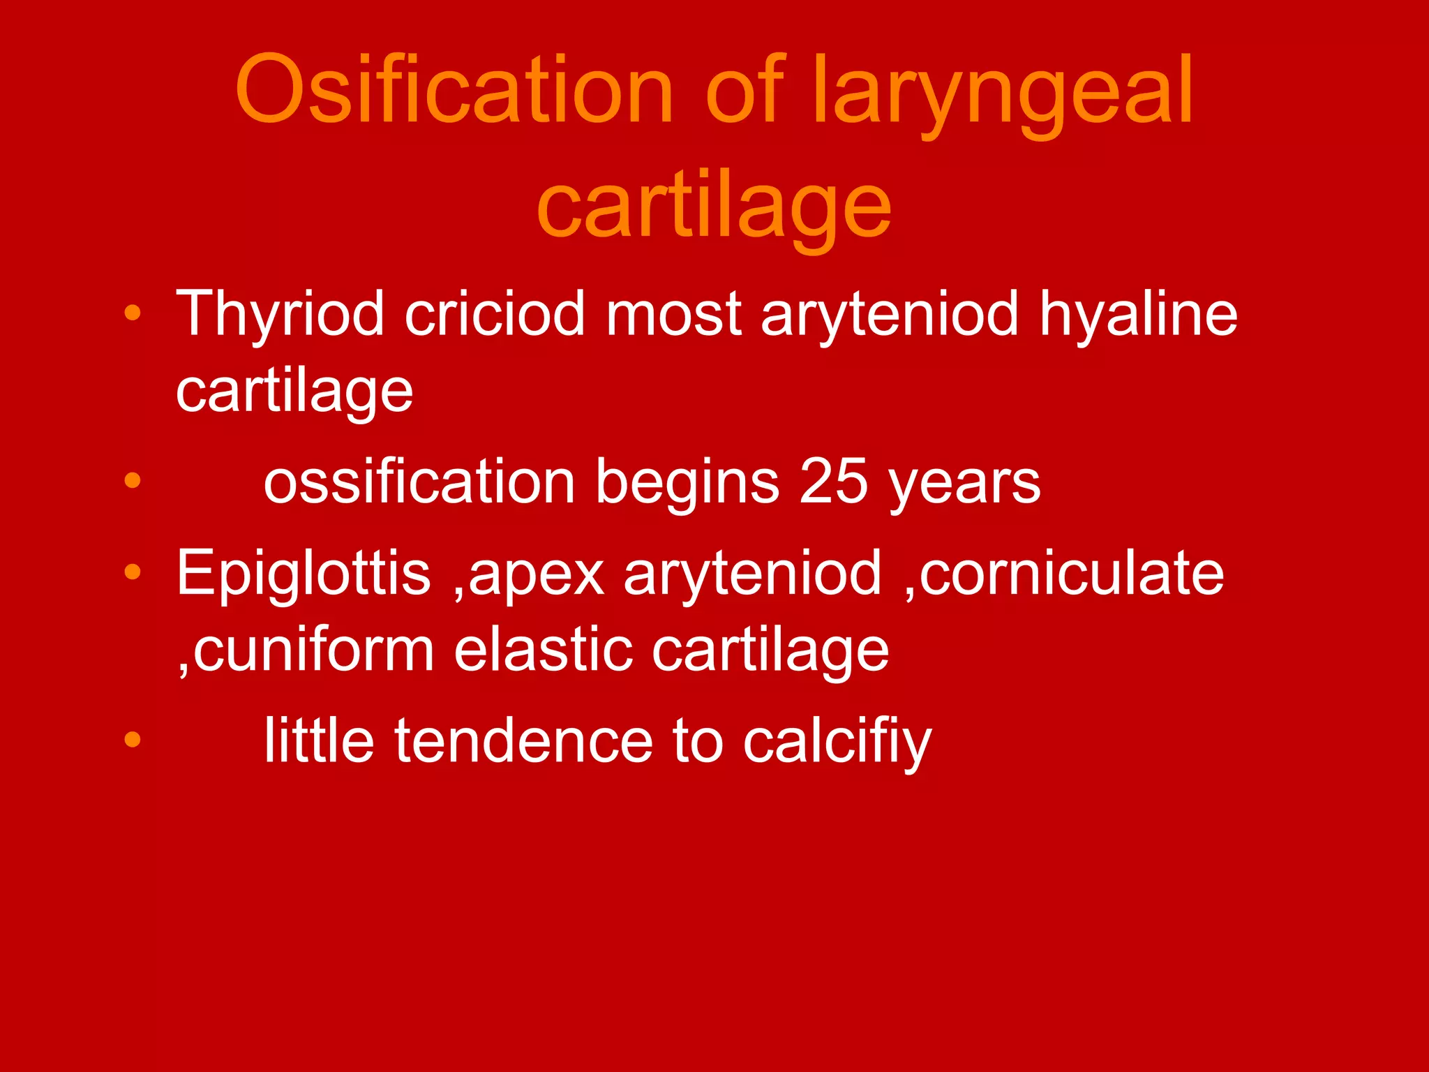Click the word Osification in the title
point(454,91)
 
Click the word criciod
point(495,314)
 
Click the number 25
point(833,481)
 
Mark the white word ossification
point(419,481)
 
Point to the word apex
point(536,576)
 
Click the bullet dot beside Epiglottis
point(133,573)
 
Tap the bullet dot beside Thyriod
point(133,313)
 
